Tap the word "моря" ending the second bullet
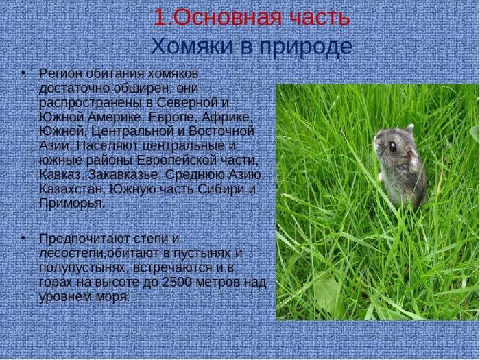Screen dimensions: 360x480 point(112,298)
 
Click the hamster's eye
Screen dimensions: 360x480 point(392,145)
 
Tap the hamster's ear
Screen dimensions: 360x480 point(409,128)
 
